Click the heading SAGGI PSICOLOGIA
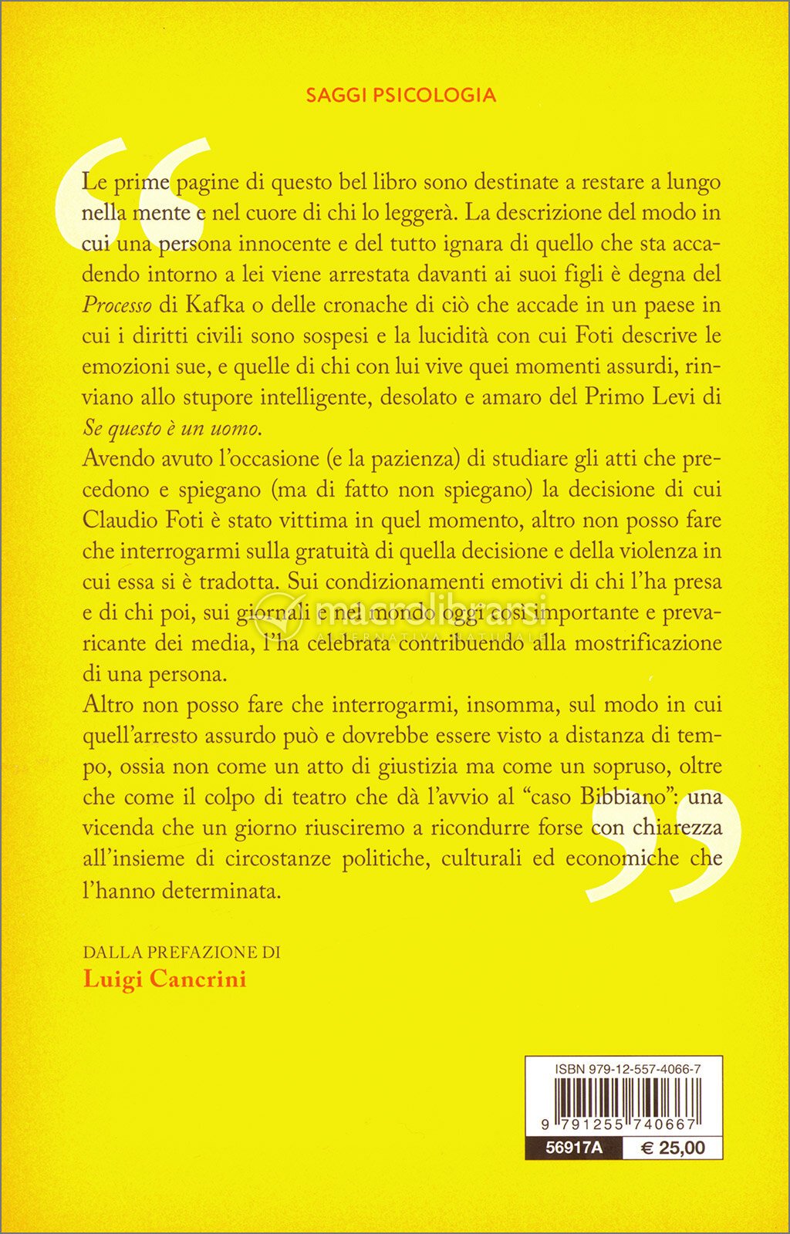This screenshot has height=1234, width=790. pyautogui.click(x=400, y=95)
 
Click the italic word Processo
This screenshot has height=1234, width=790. pyautogui.click(x=117, y=305)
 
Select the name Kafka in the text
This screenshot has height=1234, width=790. pyautogui.click(x=214, y=305)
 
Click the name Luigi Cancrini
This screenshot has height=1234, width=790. pyautogui.click(x=164, y=979)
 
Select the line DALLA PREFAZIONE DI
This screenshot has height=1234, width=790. pyautogui.click(x=181, y=952)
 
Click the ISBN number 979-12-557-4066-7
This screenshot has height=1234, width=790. pyautogui.click(x=627, y=1069)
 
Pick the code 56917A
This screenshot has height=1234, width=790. pyautogui.click(x=573, y=1148)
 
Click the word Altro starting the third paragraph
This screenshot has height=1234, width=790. pyautogui.click(x=108, y=705)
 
